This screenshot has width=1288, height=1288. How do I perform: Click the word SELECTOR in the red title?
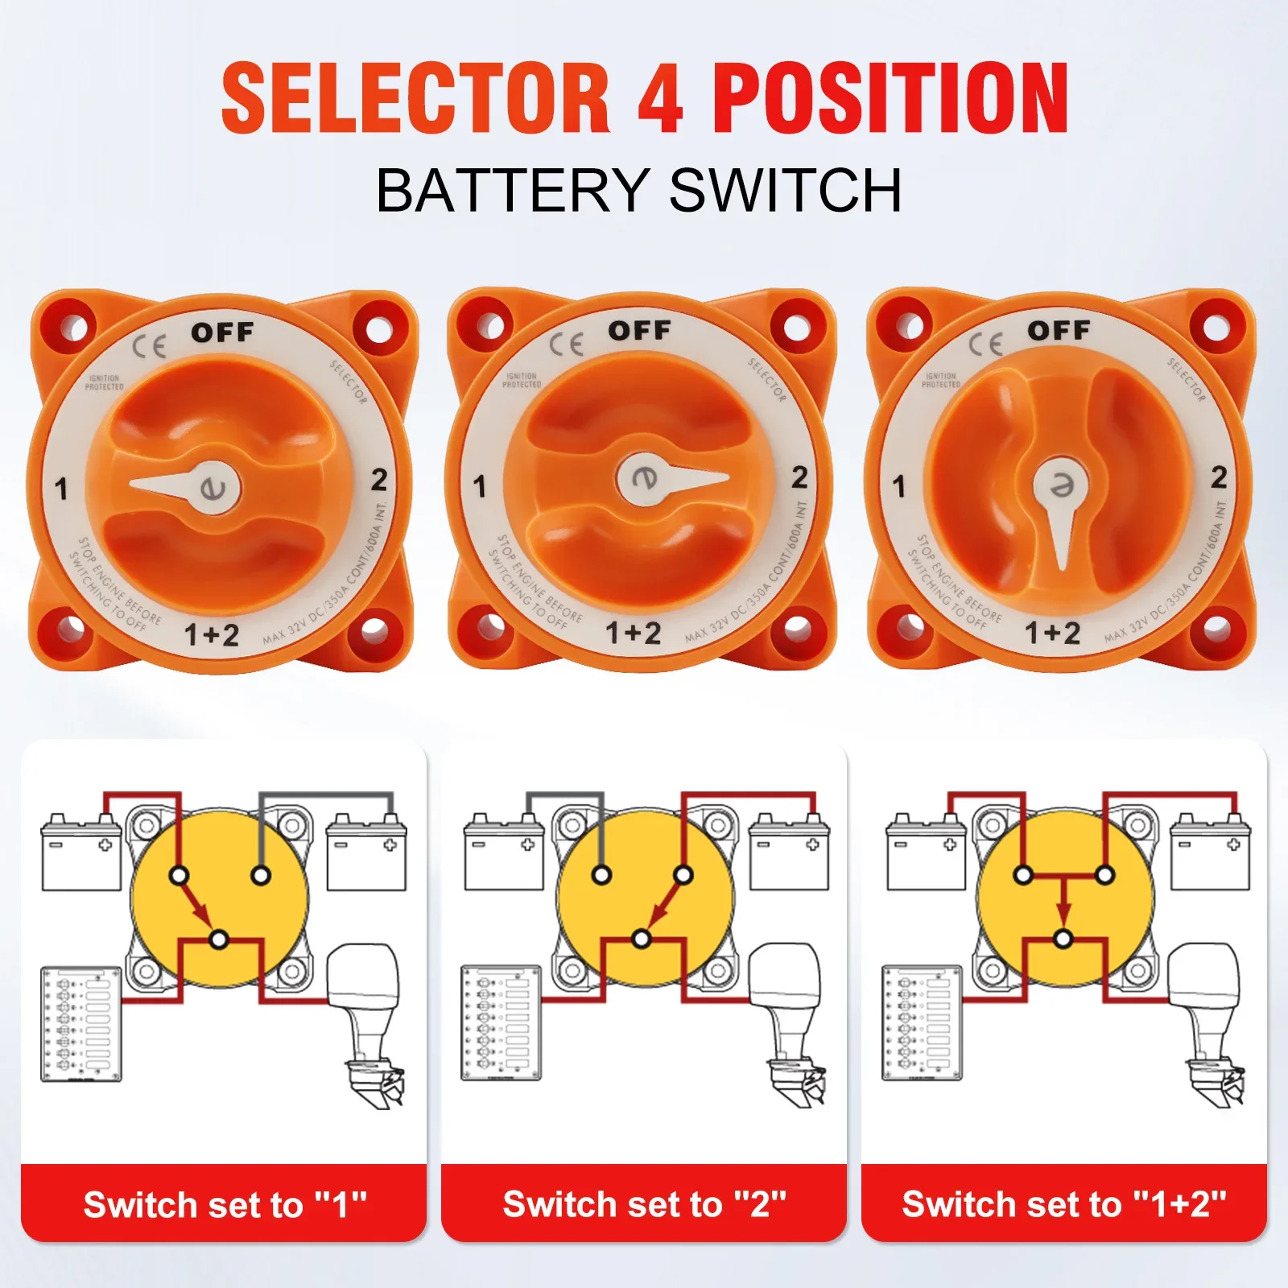pyautogui.click(x=415, y=98)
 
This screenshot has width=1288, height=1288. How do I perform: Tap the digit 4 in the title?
pyautogui.click(x=661, y=98)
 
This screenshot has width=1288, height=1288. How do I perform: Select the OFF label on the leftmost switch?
pyautogui.click(x=222, y=332)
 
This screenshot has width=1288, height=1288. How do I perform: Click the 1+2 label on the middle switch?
pyautogui.click(x=633, y=633)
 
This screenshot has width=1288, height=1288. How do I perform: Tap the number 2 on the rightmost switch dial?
pyautogui.click(x=1219, y=477)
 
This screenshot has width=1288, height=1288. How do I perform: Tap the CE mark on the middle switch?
pyautogui.click(x=566, y=345)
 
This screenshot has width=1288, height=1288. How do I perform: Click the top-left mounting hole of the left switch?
pyautogui.click(x=72, y=328)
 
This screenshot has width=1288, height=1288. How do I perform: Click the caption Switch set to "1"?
pyautogui.click(x=225, y=1205)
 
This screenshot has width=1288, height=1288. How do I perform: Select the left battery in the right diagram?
pyautogui.click(x=926, y=854)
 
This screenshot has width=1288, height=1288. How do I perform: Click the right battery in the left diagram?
pyautogui.click(x=366, y=854)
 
